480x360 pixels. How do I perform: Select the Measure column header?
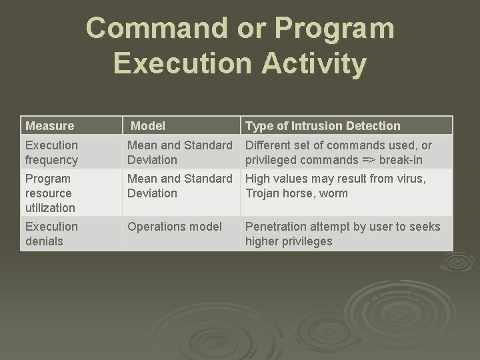pos(49,125)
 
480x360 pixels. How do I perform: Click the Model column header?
pos(148,125)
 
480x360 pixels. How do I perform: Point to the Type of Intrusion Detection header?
pos(323,125)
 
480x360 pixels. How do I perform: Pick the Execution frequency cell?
pos(51,153)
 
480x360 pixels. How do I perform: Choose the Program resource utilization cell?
pos(50,193)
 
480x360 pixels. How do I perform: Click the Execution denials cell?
pos(51,234)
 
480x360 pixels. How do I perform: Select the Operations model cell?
pos(175,227)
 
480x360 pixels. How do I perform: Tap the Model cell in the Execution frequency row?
pos(179,153)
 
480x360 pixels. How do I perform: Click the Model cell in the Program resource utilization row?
pos(179,186)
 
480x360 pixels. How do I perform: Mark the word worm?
pos(333,193)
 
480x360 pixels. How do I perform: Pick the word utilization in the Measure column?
pos(50,208)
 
